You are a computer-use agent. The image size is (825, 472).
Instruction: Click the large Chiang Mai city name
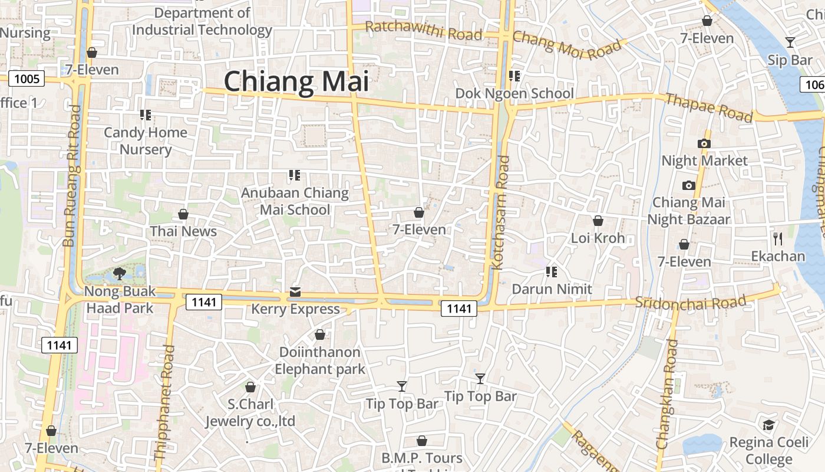click(296, 81)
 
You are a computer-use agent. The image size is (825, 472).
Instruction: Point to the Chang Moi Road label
click(567, 45)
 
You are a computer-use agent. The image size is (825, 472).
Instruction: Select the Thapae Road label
click(709, 107)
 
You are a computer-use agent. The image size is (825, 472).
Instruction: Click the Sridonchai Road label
click(691, 302)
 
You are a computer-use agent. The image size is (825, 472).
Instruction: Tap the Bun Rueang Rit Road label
click(72, 176)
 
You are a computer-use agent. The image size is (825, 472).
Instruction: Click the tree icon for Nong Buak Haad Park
click(120, 273)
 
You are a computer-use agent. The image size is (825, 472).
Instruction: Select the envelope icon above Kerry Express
click(295, 291)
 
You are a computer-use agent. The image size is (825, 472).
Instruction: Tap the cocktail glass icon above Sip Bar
click(790, 42)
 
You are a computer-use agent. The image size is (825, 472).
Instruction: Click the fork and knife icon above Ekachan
click(778, 238)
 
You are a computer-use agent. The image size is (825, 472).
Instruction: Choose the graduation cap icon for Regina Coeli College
click(768, 425)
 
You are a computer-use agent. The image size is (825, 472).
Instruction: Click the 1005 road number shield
click(27, 78)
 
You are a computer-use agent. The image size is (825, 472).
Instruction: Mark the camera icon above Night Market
click(704, 143)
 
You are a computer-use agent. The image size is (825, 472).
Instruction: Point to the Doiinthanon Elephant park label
click(319, 360)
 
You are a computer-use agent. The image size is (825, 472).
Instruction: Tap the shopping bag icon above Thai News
click(183, 214)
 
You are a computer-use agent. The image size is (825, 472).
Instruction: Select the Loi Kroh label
click(598, 238)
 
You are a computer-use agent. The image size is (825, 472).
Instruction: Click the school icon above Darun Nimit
click(552, 271)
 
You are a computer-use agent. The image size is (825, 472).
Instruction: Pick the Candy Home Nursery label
click(146, 140)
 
